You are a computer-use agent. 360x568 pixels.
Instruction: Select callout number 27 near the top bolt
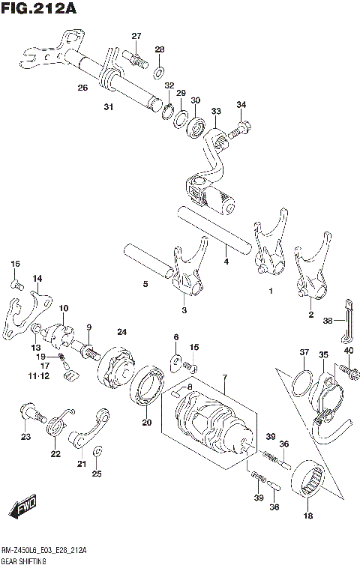(136, 37)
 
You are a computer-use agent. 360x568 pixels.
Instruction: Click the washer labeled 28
(160, 72)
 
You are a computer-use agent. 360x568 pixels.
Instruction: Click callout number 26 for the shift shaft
(82, 88)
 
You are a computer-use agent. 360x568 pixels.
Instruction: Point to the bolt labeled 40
(346, 369)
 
